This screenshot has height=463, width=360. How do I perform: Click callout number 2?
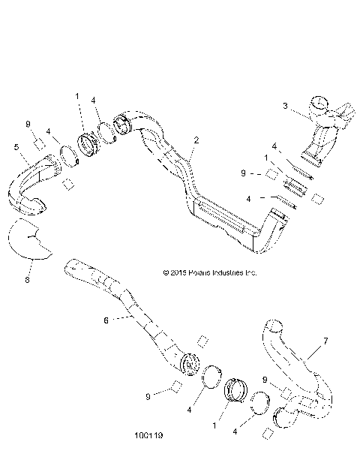(x=196, y=140)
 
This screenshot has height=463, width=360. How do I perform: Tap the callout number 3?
(x=285, y=106)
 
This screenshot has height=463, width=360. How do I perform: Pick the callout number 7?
(x=325, y=341)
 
